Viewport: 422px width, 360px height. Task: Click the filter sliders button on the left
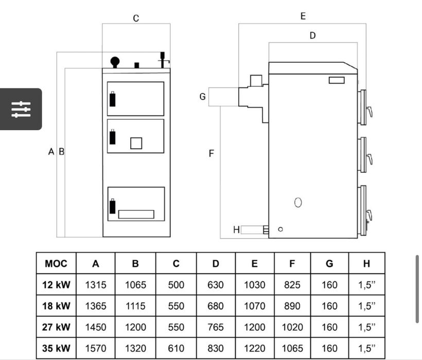21,109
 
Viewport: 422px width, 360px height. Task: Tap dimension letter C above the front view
136,19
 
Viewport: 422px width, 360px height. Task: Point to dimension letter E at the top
303,16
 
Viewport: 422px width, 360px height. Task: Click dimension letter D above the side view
312,35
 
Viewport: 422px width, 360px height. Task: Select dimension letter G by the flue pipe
202,97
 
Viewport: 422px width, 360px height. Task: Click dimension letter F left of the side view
211,154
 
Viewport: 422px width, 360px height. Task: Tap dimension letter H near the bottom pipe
236,230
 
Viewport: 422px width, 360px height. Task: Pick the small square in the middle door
136,143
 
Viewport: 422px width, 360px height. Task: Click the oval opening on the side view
298,202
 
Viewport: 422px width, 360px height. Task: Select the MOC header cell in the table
56,264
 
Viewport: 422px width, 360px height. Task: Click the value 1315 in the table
96,285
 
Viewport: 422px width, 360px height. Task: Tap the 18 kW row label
56,306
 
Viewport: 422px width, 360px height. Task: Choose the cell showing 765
215,327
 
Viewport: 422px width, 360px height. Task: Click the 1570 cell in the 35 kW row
96,348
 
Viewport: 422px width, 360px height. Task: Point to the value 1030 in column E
254,285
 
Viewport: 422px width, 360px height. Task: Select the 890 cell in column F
292,306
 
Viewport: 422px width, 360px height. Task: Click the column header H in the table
366,264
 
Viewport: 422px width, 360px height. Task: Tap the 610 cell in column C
176,348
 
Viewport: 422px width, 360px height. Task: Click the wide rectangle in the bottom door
136,214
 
